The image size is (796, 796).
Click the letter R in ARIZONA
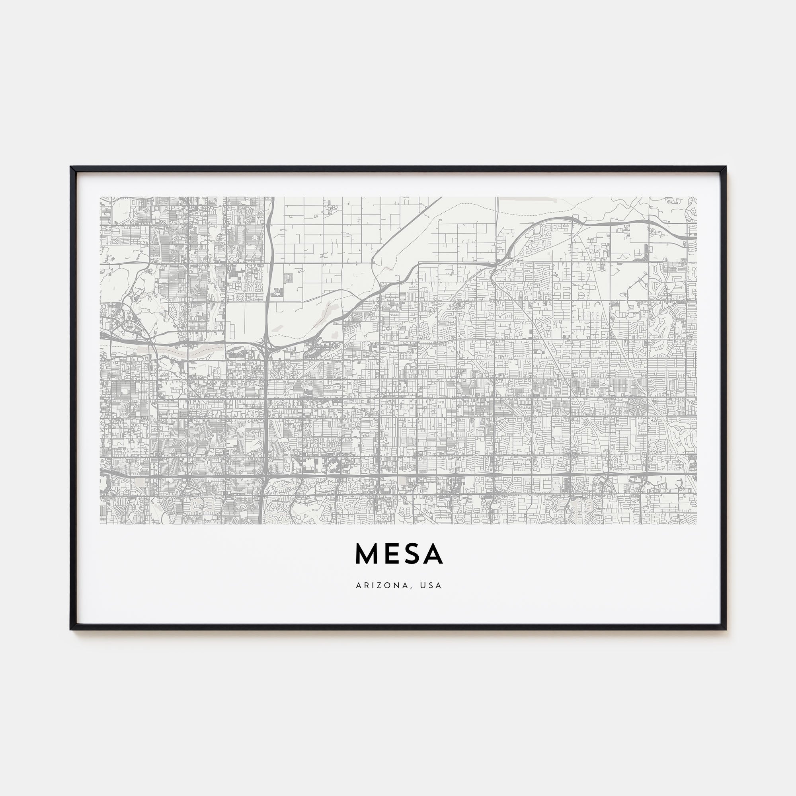(x=365, y=585)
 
